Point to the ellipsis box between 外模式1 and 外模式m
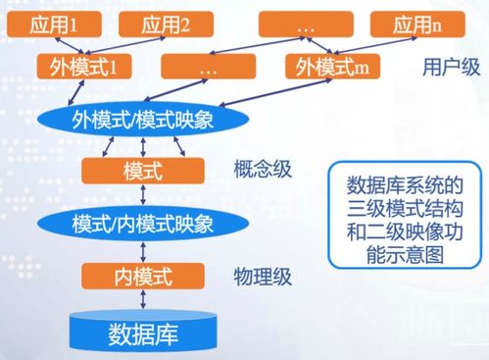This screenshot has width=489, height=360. pyautogui.click(x=208, y=69)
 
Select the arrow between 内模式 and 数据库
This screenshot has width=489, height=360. pyautogui.click(x=142, y=297)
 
